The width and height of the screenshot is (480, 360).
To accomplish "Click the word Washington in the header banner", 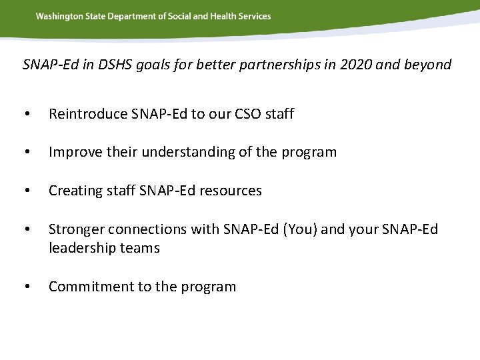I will pos(58,16).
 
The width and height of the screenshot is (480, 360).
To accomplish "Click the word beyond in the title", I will pos(427,65).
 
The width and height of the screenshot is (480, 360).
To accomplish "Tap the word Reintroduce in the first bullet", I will pos(88,114).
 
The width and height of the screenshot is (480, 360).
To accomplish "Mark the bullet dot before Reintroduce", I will pos(26,115).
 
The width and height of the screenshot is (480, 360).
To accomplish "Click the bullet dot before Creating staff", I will pos(26,191).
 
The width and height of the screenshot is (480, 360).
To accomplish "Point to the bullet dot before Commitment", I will pos(26,287).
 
